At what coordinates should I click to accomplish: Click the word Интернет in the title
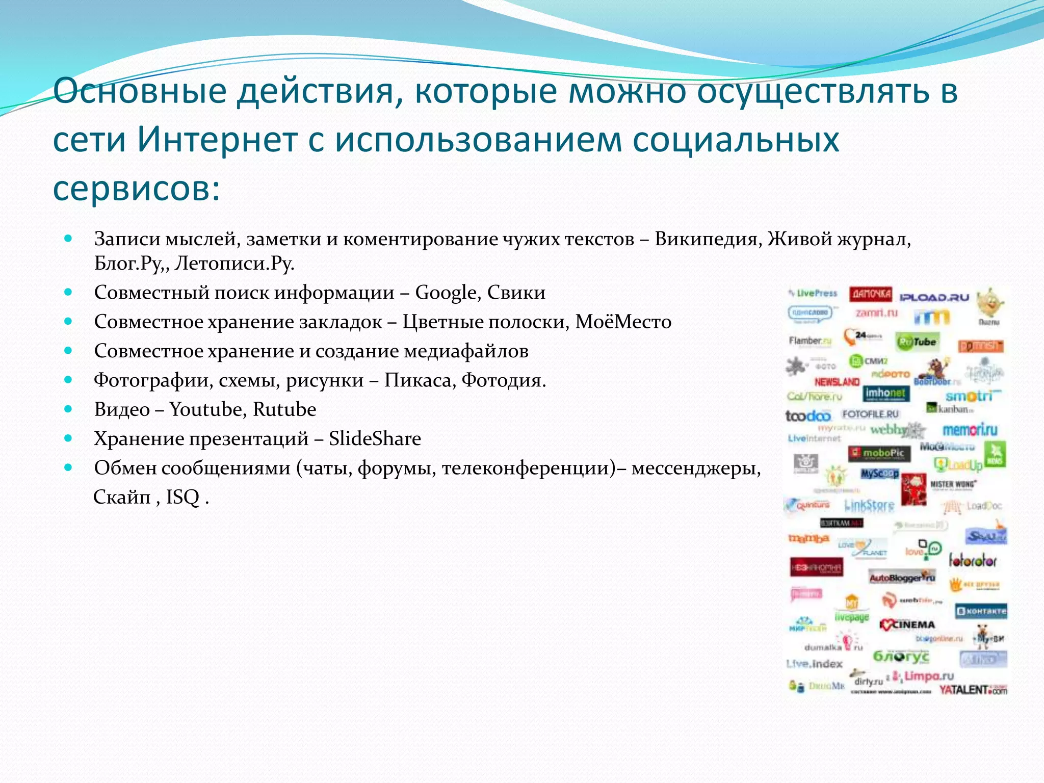point(217,140)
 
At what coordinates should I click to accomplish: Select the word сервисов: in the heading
point(137,189)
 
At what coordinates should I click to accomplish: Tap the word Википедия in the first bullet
point(708,239)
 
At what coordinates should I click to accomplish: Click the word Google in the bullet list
point(446,293)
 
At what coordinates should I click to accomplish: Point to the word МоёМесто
point(623,322)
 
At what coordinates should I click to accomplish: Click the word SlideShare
point(375,438)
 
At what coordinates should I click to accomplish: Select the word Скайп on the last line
point(122,497)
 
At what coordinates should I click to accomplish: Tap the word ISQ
point(182,497)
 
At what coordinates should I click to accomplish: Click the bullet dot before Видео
point(68,409)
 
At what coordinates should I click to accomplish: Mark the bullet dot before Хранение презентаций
point(68,438)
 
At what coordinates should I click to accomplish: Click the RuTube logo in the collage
point(918,342)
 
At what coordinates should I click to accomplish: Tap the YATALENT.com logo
point(973,690)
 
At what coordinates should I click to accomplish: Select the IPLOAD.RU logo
point(934,297)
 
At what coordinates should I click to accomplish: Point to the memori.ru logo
point(970,430)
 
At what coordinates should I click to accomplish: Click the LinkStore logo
point(869,505)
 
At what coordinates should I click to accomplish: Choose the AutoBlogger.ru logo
point(902,578)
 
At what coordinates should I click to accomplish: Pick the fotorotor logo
point(973,561)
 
